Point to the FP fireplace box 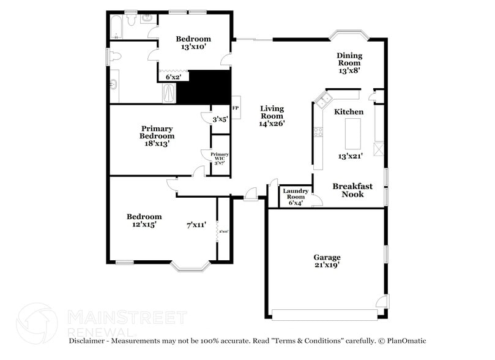pos(236,108)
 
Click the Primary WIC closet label pos(220,158)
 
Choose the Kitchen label pos(349,112)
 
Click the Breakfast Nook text pos(352,190)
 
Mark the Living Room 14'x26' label pos(272,116)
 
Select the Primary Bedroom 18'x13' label pos(156,136)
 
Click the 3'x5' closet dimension pos(220,119)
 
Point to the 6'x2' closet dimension pos(173,77)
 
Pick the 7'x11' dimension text pos(196,225)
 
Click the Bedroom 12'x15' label pos(144,220)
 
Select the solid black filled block pos(203,88)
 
